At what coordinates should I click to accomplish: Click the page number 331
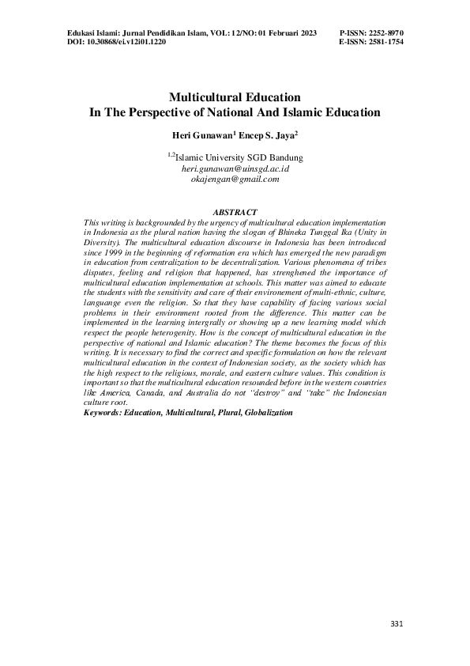397,625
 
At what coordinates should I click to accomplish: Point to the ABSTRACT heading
235,213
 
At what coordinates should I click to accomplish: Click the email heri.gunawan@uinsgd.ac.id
235,168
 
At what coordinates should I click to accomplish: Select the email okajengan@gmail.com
235,180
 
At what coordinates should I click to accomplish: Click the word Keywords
104,413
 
